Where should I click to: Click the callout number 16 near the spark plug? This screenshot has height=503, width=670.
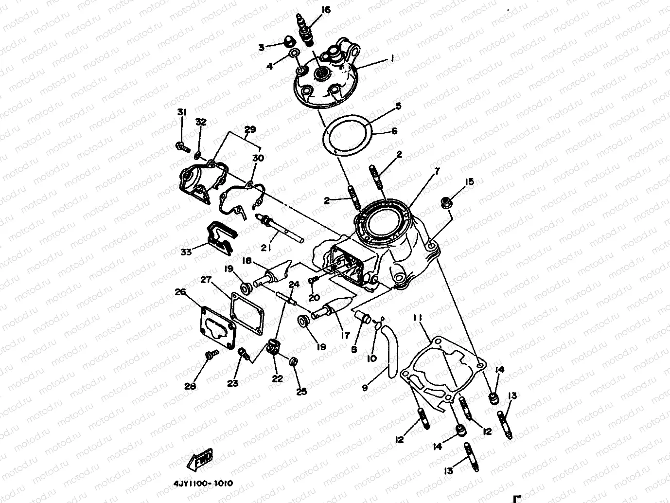(x=325, y=9)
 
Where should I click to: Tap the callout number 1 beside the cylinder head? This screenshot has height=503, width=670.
(x=392, y=58)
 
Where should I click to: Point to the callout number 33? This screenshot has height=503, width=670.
(x=186, y=251)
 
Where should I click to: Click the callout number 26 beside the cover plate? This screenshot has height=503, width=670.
(x=180, y=292)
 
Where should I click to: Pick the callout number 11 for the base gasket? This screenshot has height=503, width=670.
(x=417, y=318)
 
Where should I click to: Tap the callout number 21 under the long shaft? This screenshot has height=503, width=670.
(x=265, y=248)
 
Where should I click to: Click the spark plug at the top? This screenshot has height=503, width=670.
(x=305, y=28)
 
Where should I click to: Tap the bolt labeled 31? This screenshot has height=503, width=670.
(x=182, y=145)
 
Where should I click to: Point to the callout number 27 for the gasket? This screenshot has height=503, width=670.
(x=206, y=280)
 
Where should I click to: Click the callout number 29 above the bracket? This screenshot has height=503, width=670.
(x=250, y=129)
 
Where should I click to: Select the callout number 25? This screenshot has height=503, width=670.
(x=301, y=392)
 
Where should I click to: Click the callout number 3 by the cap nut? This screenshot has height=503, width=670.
(x=261, y=47)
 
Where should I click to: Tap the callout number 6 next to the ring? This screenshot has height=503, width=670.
(x=394, y=131)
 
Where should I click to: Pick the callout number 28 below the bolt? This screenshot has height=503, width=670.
(x=190, y=386)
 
